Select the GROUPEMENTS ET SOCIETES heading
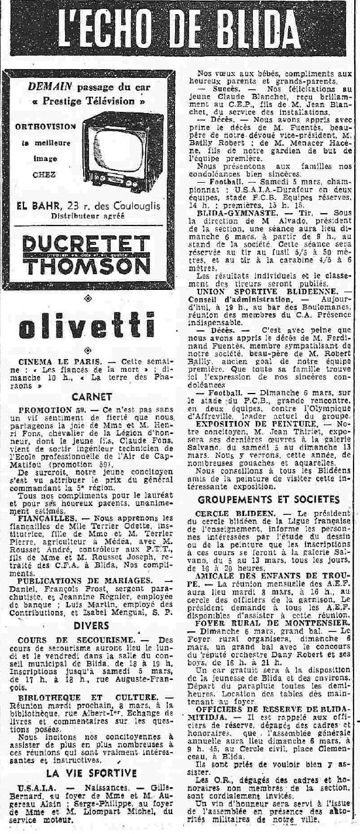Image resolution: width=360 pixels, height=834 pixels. (x=269, y=499)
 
